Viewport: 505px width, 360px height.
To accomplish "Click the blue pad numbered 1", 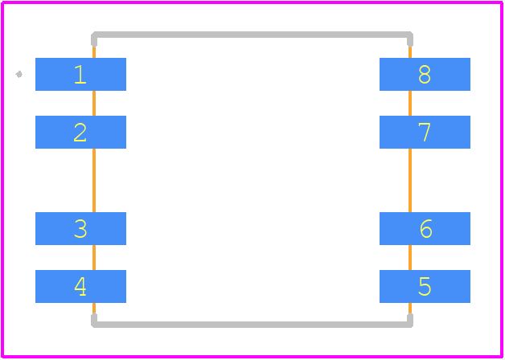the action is pos(80,74).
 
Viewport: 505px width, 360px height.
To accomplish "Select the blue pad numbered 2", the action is pos(80,132).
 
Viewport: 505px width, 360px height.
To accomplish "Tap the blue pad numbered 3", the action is pos(80,228).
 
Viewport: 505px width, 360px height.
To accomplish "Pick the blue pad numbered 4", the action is pos(80,286).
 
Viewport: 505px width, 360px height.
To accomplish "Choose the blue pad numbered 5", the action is pos(425,286).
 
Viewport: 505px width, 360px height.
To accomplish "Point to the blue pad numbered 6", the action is pos(425,228).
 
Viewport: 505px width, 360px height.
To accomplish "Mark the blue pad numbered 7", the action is pos(425,132).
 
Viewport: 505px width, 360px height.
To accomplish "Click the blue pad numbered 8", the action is pos(425,74).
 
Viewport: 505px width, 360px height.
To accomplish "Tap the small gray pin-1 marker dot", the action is pos(19,74).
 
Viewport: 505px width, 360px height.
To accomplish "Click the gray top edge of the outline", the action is pos(252,35).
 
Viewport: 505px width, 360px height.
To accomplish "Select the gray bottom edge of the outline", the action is pos(252,325).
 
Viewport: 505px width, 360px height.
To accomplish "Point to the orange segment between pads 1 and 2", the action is pos(94,104).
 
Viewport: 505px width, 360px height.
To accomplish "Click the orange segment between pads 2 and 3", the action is pos(94,180).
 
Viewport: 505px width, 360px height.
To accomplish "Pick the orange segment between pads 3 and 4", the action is pos(94,257).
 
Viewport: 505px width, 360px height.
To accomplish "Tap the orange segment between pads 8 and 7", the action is pos(410,104).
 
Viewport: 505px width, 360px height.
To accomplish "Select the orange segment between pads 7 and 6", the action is pos(410,180).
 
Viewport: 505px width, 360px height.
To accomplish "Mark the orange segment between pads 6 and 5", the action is pos(410,257).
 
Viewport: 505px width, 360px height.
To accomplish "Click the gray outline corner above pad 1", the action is pos(94,35).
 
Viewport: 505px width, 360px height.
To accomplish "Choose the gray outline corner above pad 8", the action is pos(410,35).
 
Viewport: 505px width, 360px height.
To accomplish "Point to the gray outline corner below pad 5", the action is pos(410,325).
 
